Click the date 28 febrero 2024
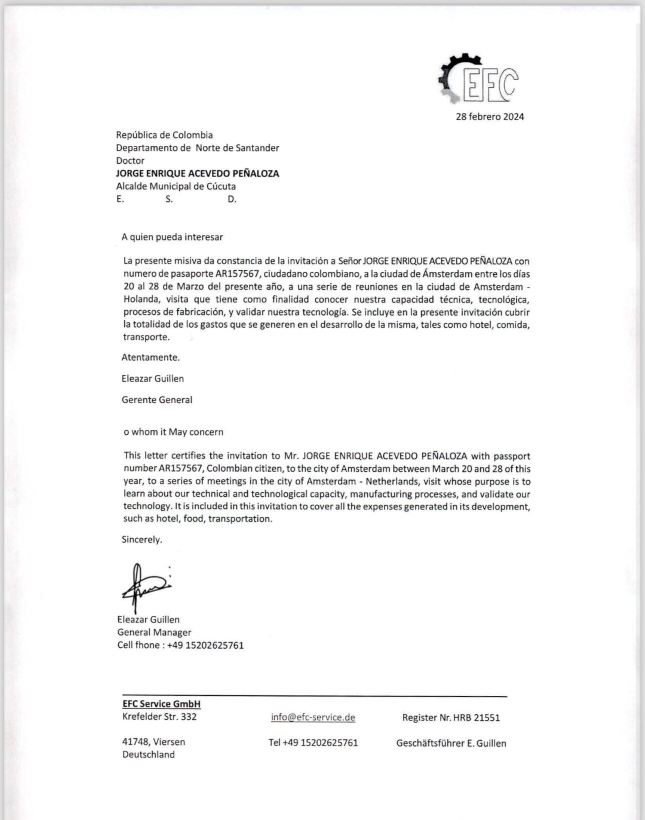coord(489,116)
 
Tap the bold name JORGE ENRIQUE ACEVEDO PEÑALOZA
coord(197,173)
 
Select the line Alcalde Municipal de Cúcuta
coord(176,186)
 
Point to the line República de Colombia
coord(164,135)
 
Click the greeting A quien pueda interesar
coord(172,237)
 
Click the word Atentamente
coord(150,357)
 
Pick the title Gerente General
coord(157,399)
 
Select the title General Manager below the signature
coord(154,632)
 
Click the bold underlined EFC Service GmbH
coord(161,704)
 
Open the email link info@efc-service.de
coord(313,717)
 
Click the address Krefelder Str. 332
coord(159,716)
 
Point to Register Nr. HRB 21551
coord(451,717)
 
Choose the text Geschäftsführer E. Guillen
coord(451,743)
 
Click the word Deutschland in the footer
coord(148,754)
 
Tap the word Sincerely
coord(142,539)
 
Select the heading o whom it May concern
coord(173,432)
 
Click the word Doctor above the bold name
coord(130,160)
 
